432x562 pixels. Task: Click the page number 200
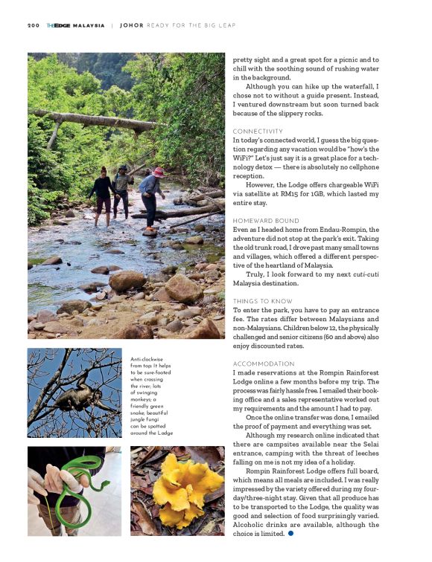click(33, 25)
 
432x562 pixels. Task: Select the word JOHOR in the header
click(131, 25)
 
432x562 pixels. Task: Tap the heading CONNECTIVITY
click(258, 132)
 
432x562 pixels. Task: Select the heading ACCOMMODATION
click(261, 363)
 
